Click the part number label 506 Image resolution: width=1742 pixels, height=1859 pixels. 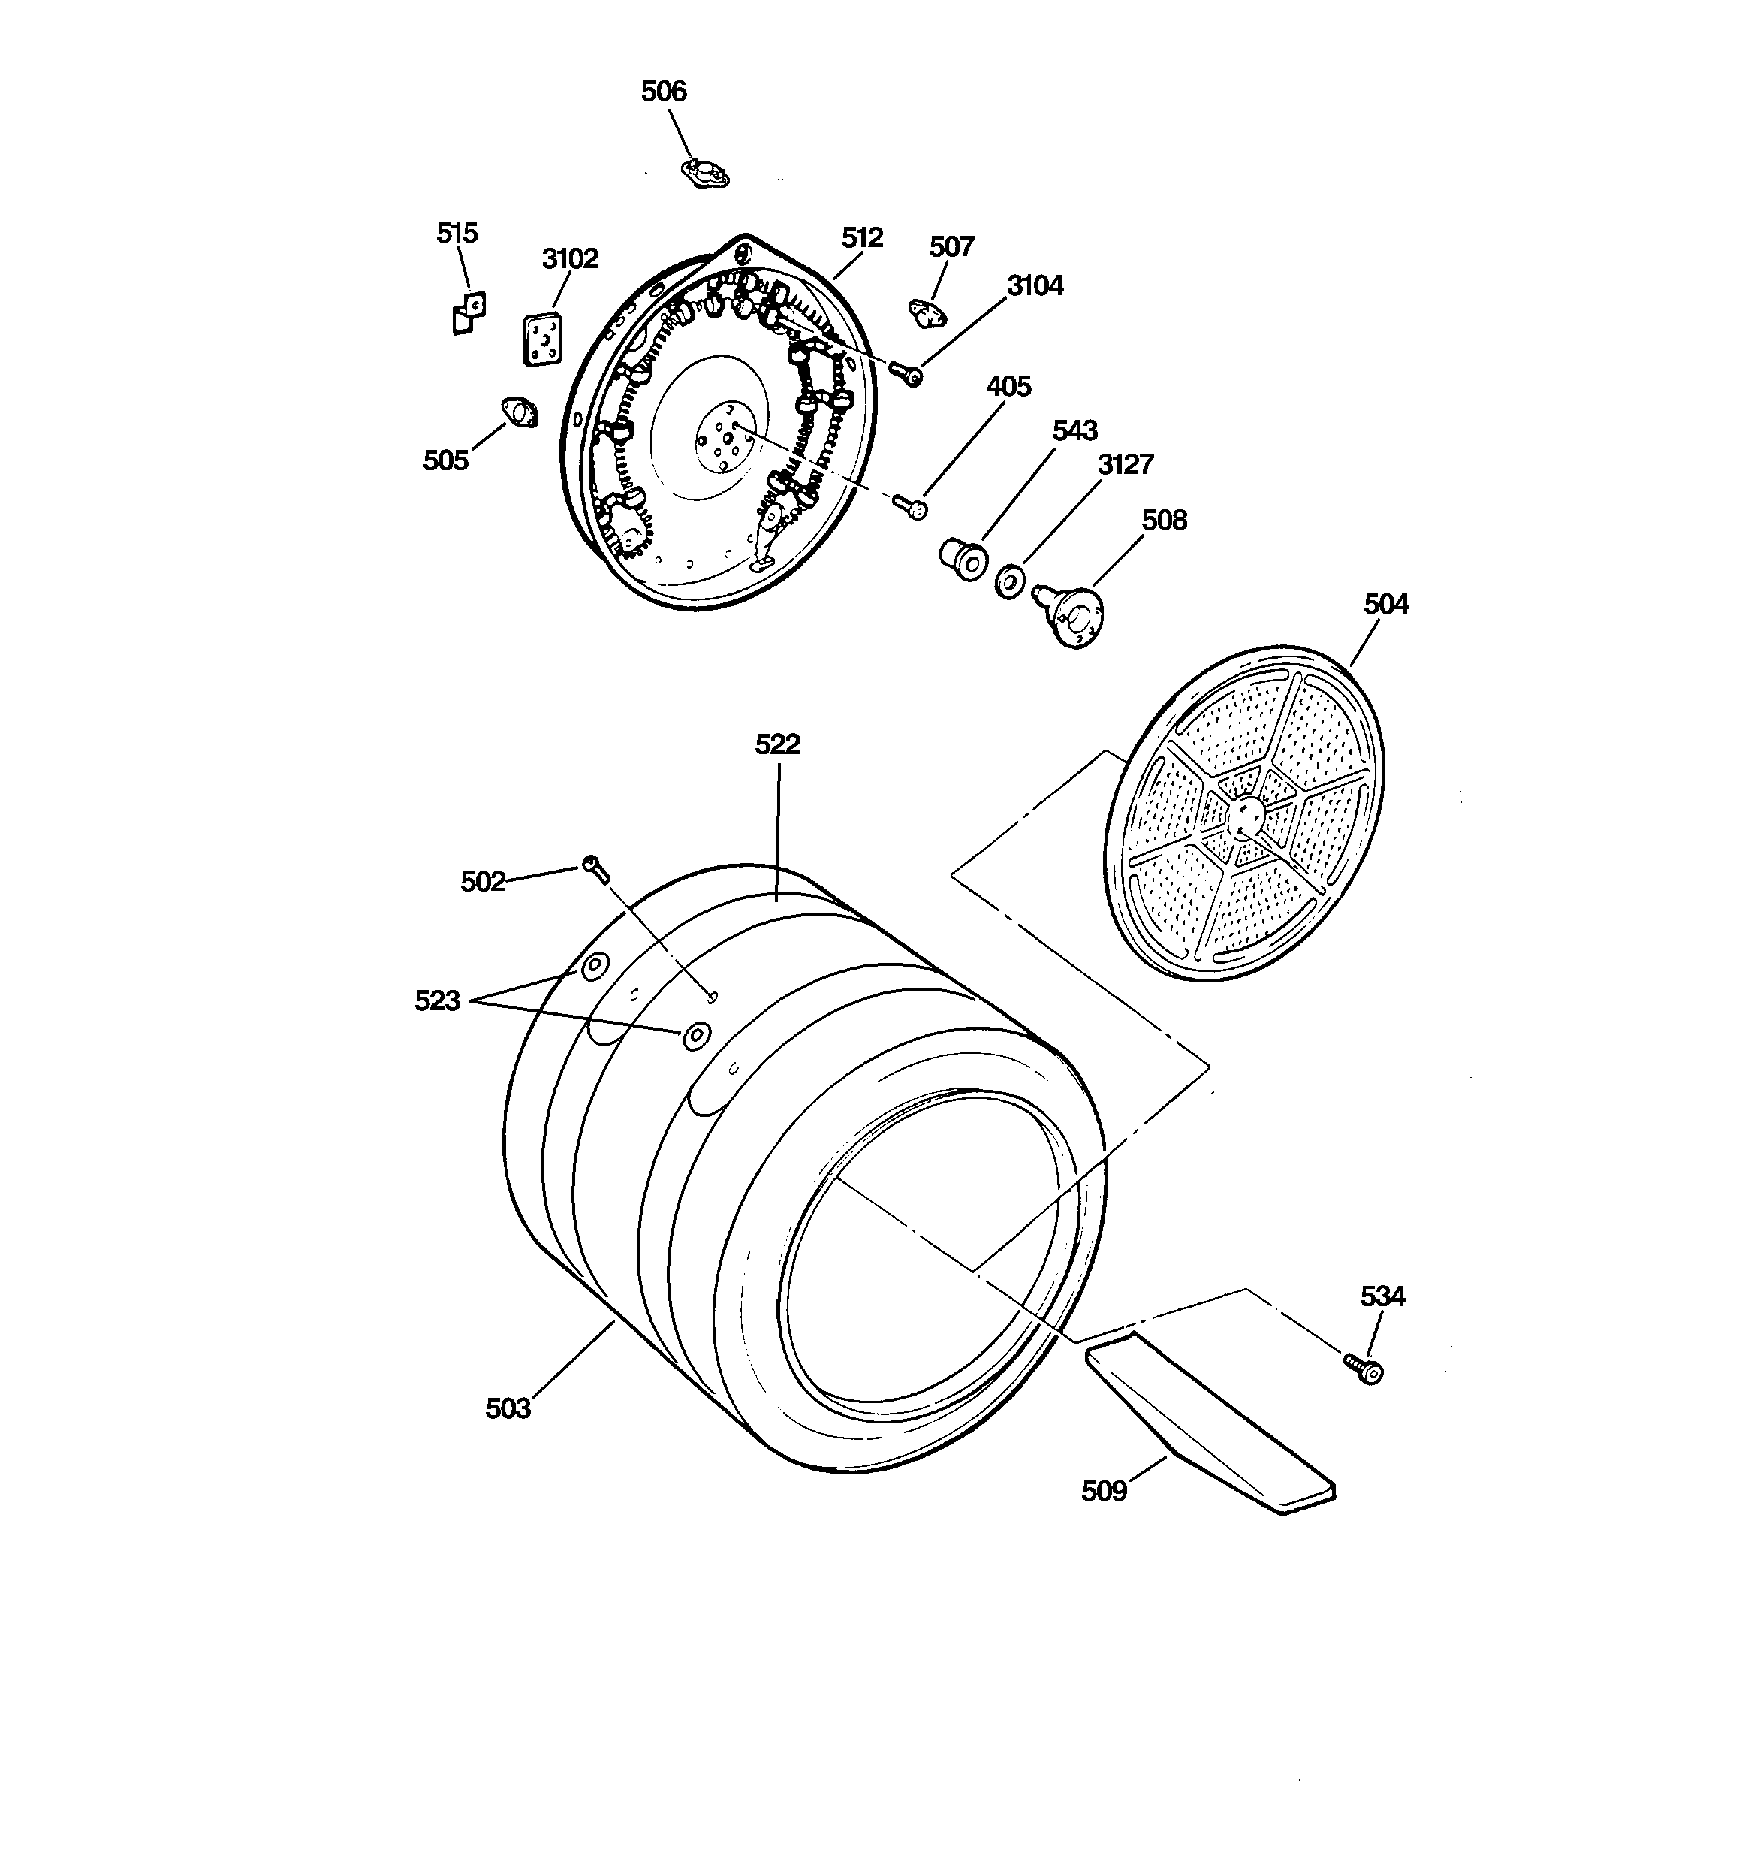(x=663, y=92)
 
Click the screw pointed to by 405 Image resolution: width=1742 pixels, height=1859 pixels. (x=911, y=506)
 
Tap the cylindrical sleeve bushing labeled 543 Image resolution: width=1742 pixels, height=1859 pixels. (x=962, y=558)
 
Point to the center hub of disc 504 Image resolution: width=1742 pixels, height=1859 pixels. (x=1246, y=814)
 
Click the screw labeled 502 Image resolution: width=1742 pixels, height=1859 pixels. (x=595, y=869)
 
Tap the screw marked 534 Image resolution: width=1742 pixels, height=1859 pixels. (x=1366, y=1370)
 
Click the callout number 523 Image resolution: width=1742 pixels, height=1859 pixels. (x=438, y=1001)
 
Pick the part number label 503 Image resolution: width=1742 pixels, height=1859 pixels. (x=508, y=1408)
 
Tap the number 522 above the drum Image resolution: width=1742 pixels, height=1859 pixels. (x=777, y=744)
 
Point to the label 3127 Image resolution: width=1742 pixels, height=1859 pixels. (x=1125, y=465)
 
